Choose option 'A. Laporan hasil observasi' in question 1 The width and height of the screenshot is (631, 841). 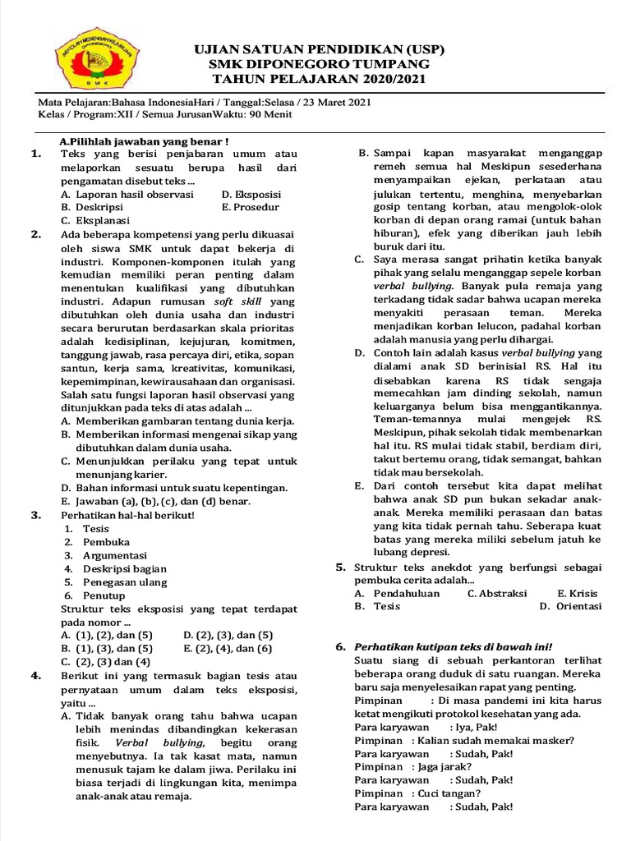coord(127,195)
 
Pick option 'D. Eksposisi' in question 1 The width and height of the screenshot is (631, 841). coord(251,195)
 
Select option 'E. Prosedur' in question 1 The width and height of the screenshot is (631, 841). coord(251,208)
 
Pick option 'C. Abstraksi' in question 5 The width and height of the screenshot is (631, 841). coord(497,593)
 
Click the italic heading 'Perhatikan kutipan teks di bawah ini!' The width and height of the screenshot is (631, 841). coord(453,646)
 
